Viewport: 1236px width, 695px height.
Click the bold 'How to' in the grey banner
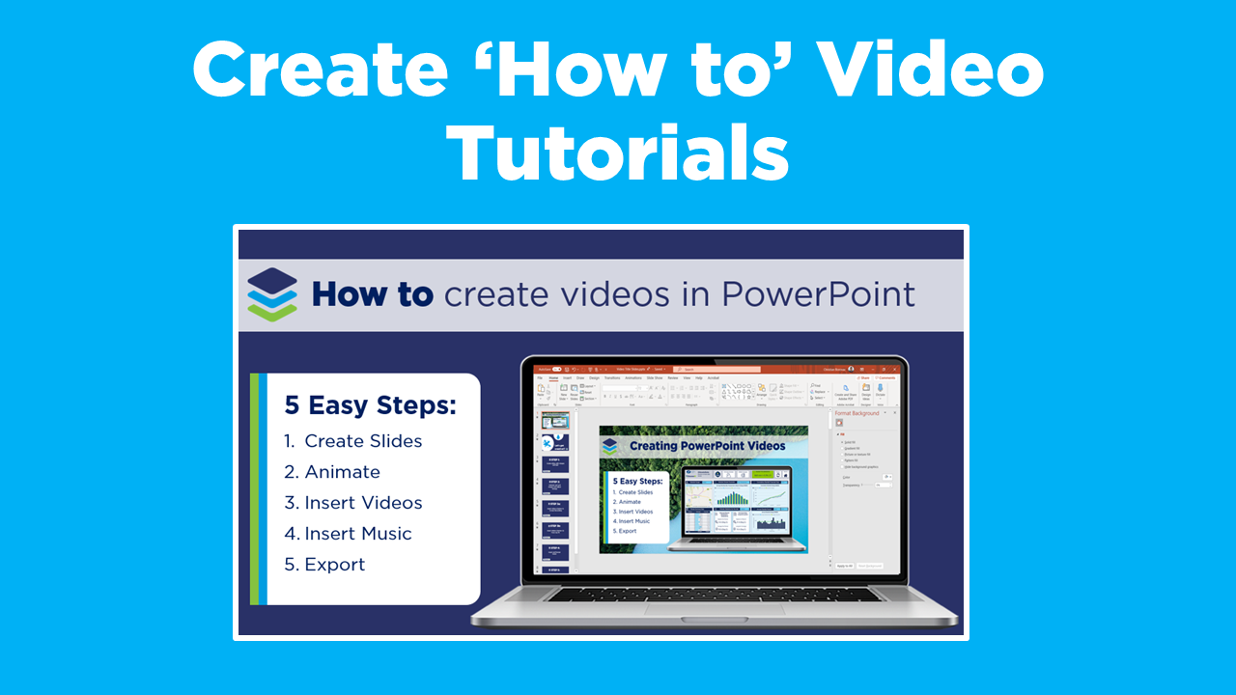pyautogui.click(x=372, y=293)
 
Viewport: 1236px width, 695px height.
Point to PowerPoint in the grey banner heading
pyautogui.click(x=818, y=293)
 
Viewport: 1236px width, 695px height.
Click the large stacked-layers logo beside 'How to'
pyautogui.click(x=271, y=293)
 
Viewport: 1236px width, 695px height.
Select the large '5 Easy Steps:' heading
pyautogui.click(x=370, y=405)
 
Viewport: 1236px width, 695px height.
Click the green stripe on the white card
pyautogui.click(x=254, y=489)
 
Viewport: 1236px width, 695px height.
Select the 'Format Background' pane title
pyautogui.click(x=857, y=413)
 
